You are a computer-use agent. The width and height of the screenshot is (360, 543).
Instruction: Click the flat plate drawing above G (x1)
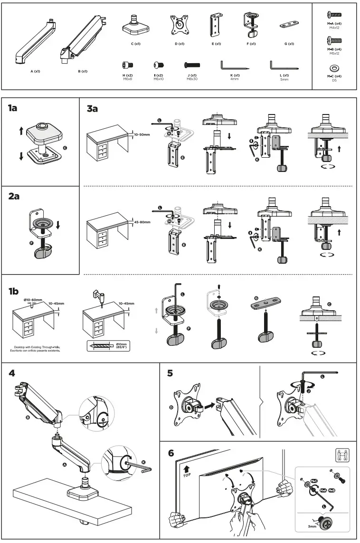pos(289,25)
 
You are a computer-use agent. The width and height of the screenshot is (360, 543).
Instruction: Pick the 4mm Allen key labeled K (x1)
pos(234,66)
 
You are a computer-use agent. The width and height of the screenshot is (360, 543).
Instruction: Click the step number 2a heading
pos(14,196)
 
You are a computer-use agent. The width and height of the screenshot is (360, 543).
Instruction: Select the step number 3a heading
pos(92,109)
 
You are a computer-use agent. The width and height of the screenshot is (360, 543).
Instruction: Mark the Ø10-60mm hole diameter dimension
pos(33,300)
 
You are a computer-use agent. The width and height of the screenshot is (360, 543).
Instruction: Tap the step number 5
pos(170,373)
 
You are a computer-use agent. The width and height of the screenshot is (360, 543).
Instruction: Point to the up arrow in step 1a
pos(21,131)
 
